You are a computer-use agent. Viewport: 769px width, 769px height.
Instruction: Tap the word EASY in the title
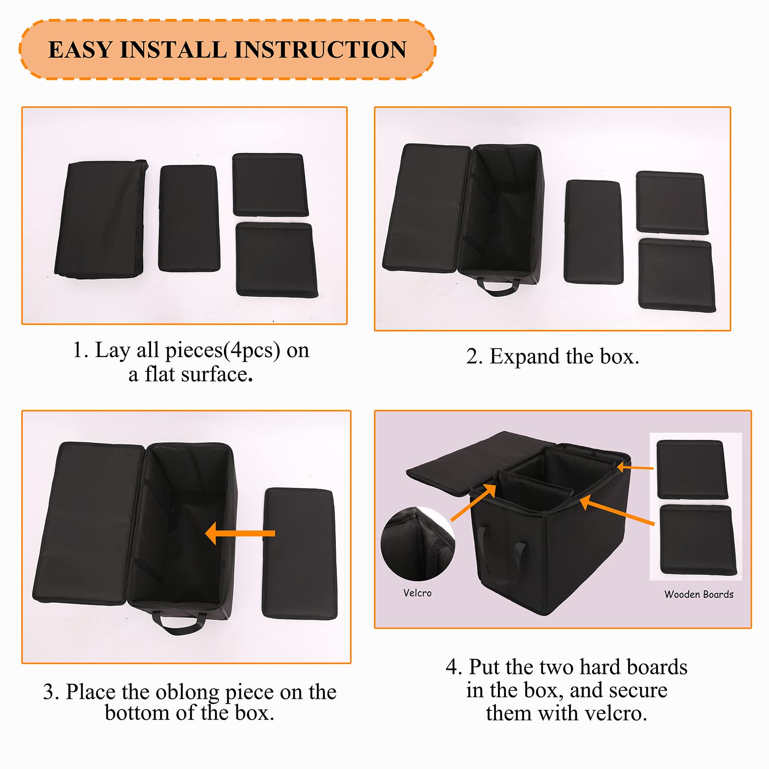click(80, 50)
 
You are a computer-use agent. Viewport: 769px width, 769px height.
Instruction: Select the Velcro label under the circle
click(417, 593)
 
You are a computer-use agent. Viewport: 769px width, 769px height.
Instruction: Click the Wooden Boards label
click(699, 595)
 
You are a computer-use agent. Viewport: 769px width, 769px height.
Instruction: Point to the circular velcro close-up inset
click(417, 544)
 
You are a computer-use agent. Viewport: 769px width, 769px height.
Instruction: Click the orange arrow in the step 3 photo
click(240, 533)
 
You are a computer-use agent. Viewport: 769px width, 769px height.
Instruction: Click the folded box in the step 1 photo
click(100, 220)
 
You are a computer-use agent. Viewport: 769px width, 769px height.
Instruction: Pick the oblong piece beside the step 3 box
click(299, 554)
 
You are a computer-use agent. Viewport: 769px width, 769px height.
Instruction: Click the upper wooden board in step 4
click(692, 470)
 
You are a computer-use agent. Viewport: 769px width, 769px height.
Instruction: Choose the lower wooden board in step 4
click(698, 540)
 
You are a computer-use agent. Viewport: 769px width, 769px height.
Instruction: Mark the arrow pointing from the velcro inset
click(473, 502)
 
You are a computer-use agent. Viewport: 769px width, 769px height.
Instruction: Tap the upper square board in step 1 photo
click(270, 185)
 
